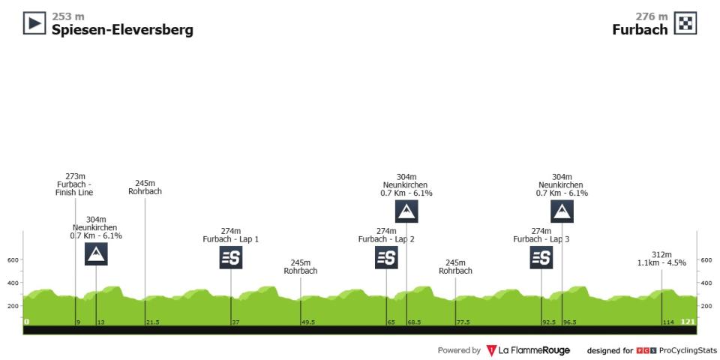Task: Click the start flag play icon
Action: coord(35,23)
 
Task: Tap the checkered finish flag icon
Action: coord(685,23)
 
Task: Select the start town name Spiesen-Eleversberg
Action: coord(122,30)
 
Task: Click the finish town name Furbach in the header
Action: coord(640,30)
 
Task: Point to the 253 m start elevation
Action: coord(68,16)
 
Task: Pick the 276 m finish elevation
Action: coord(652,16)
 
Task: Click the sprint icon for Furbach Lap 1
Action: coord(230,257)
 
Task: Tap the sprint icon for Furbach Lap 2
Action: coord(386,257)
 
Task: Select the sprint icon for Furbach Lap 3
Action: coord(541,257)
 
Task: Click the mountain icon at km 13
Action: coord(96,254)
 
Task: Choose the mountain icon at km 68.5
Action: coord(406,211)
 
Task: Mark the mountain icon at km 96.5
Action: coord(562,211)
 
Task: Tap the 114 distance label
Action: coord(668,322)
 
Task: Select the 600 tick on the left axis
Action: coord(13,260)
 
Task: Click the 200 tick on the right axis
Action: coord(706,306)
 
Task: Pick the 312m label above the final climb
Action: coord(661,255)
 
